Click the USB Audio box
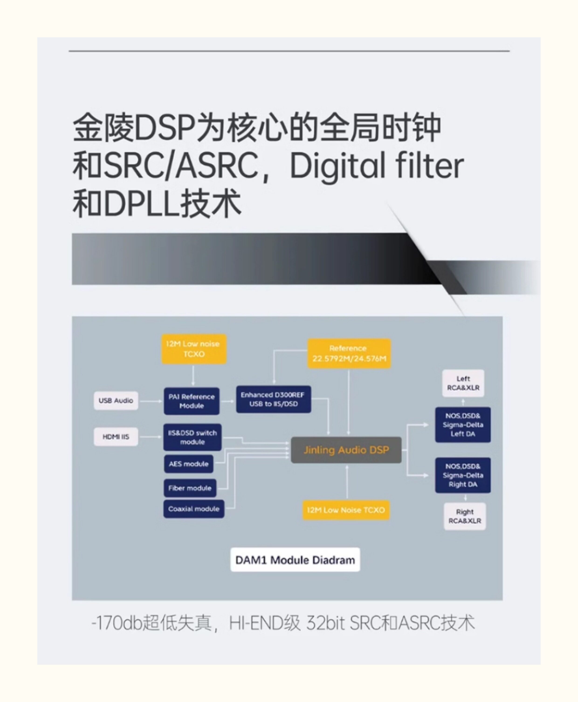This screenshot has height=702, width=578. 116,400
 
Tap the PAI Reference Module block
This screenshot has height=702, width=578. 191,401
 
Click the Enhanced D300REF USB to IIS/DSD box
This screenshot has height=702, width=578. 273,399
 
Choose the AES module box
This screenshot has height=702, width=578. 189,464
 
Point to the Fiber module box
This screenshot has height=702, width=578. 190,488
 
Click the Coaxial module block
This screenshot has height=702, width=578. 194,509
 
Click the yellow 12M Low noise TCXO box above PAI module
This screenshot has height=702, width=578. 194,349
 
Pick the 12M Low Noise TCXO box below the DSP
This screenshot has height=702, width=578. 346,510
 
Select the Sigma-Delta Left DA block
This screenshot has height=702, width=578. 463,425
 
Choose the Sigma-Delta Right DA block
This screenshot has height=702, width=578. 463,475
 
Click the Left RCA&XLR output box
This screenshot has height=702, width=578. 463,383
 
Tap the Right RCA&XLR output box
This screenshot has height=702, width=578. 465,516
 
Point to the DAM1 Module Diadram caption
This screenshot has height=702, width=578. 295,560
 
